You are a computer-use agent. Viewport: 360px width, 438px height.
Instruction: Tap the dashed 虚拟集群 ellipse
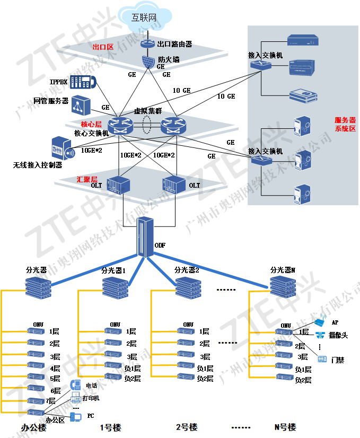click(x=147, y=125)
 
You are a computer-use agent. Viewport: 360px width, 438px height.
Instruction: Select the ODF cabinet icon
click(x=144, y=236)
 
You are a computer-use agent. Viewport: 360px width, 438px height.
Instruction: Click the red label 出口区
click(x=103, y=47)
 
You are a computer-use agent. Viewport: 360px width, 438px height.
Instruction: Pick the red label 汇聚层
click(x=87, y=179)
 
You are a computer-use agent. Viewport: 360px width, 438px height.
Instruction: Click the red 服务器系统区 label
click(x=345, y=125)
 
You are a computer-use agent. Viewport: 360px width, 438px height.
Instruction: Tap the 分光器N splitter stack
click(x=281, y=286)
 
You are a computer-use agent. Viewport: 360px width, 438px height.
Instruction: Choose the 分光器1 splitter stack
click(x=113, y=286)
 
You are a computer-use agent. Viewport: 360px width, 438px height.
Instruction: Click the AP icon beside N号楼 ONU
click(x=321, y=322)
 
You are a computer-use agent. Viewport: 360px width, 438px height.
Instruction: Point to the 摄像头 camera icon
click(x=320, y=335)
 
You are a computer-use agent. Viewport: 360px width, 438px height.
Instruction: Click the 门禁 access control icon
click(x=322, y=359)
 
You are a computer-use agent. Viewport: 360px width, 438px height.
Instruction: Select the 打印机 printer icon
click(x=75, y=397)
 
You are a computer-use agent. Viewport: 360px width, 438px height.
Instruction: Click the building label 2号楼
click(x=187, y=427)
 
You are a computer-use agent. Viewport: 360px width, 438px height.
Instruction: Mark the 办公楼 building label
click(x=34, y=427)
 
